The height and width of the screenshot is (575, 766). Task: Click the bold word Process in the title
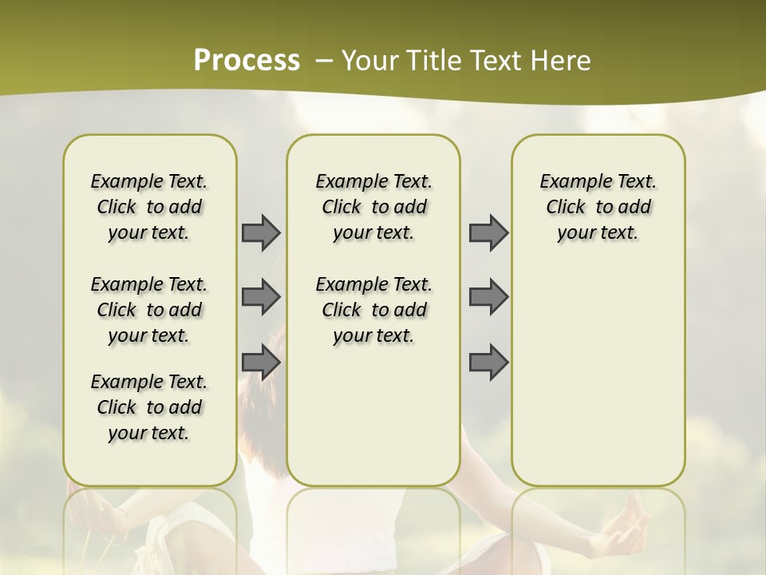(247, 61)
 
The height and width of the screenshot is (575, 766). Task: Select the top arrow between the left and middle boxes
(261, 232)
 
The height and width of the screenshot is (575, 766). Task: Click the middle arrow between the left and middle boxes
(261, 297)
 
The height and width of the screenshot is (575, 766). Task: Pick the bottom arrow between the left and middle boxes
(261, 363)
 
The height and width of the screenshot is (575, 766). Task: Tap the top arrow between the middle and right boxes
(488, 232)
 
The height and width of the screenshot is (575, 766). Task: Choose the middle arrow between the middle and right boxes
(488, 297)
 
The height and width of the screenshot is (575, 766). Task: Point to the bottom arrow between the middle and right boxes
(488, 363)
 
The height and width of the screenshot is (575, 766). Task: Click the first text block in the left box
(149, 207)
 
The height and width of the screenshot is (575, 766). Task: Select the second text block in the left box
(149, 310)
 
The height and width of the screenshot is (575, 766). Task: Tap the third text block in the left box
(149, 407)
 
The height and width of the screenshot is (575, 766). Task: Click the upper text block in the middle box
(373, 207)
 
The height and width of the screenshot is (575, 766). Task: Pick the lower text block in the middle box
(373, 310)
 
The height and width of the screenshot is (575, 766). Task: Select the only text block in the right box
(598, 207)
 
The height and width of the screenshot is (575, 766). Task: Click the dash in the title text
(324, 61)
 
